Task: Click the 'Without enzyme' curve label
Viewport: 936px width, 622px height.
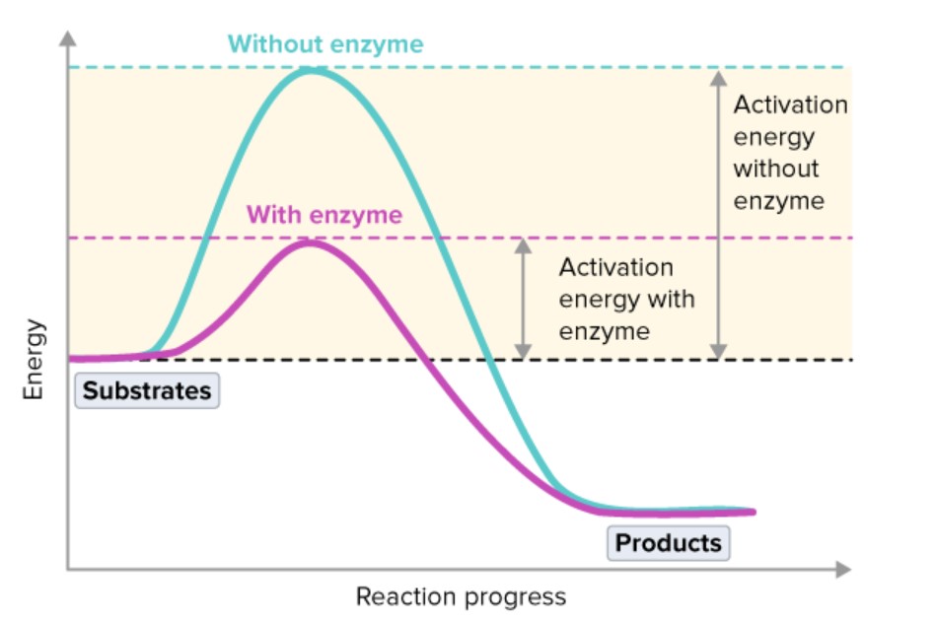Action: (x=325, y=44)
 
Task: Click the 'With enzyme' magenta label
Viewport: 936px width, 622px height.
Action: (x=324, y=215)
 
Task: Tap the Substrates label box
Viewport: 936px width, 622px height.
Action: (x=147, y=391)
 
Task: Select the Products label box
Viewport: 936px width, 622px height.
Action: (x=668, y=543)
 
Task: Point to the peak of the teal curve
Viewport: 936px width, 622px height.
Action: (x=311, y=70)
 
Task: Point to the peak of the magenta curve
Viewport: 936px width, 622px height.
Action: (x=310, y=242)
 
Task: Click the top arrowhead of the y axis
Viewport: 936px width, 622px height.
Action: (x=67, y=38)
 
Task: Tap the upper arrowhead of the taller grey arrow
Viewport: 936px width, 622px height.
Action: (x=719, y=77)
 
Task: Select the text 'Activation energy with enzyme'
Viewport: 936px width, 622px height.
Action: (x=625, y=299)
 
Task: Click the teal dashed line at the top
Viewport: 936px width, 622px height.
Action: (x=592, y=67)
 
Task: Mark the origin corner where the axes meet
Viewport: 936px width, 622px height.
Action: (x=67, y=570)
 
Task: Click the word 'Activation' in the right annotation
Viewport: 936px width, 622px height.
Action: (x=790, y=105)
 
